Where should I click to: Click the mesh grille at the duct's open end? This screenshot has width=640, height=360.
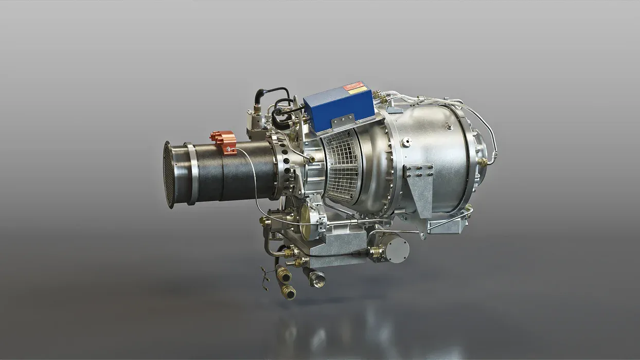tap(169, 175)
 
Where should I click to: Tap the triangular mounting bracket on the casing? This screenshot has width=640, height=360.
tap(419, 183)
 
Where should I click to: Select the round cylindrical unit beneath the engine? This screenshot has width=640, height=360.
tap(397, 249)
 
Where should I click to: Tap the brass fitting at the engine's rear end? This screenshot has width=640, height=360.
tap(482, 162)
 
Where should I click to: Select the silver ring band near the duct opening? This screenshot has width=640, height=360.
tap(192, 174)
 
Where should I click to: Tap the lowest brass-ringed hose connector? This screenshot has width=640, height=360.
tap(289, 293)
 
